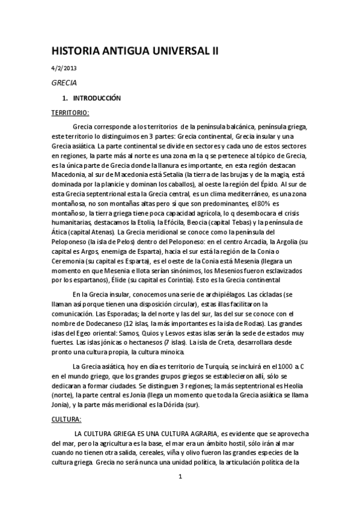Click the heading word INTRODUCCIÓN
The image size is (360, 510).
(97, 97)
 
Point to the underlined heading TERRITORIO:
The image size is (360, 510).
(70, 112)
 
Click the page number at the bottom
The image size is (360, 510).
(180, 477)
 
